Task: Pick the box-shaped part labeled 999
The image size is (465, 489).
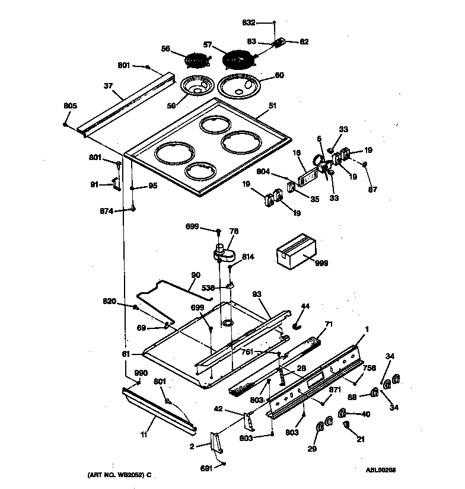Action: tap(297, 250)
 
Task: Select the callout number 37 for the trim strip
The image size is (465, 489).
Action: tap(108, 86)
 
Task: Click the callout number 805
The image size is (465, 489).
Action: tap(70, 106)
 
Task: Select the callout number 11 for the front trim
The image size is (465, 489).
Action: tap(144, 435)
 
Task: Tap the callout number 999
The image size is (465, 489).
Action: tap(321, 263)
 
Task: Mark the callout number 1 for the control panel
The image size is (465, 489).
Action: tap(367, 330)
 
